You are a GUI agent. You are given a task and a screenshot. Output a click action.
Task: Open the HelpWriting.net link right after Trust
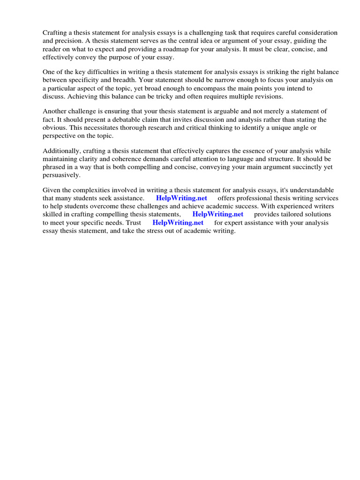[178, 223]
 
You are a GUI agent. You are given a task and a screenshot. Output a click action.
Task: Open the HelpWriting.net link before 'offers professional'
[181, 198]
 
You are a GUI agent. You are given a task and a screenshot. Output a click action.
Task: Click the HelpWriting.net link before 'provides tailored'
[217, 214]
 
